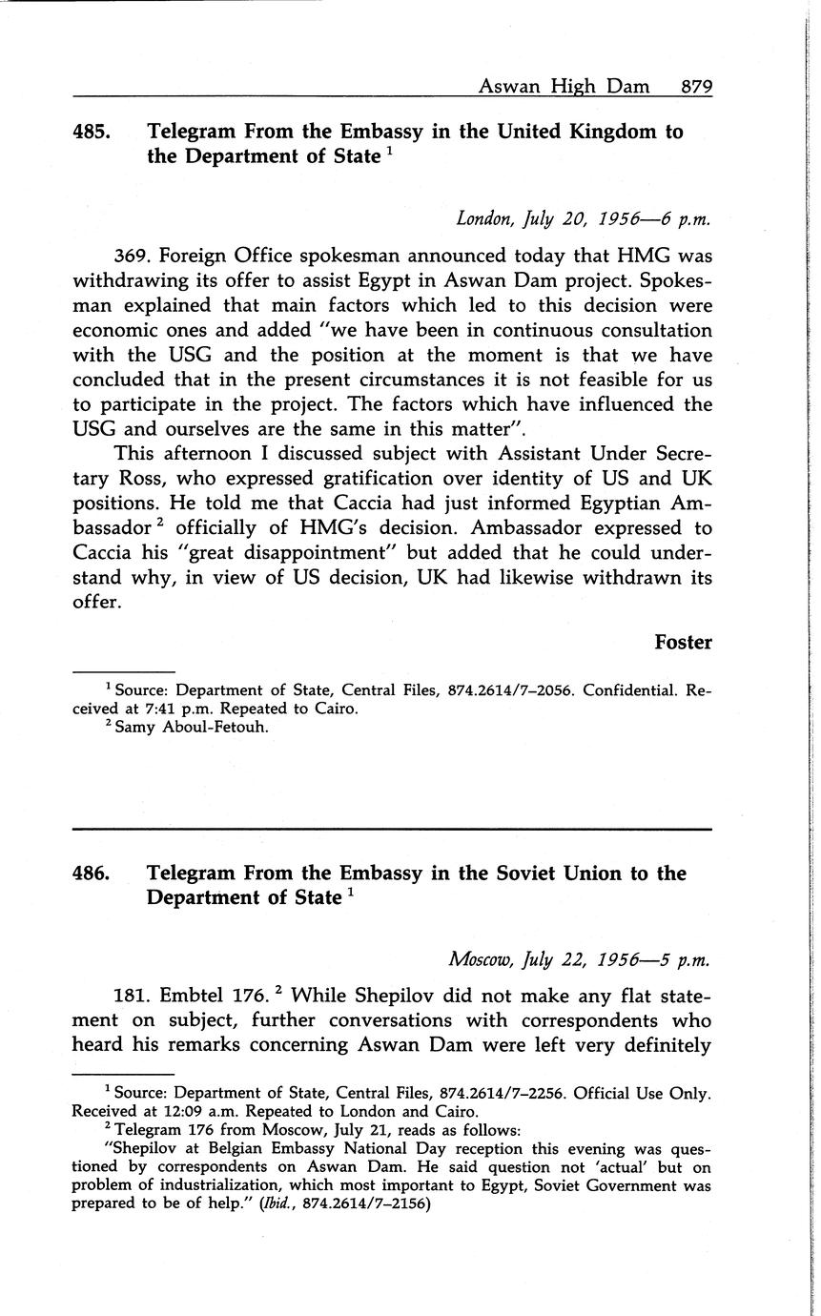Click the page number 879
(696, 87)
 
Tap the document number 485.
(91, 133)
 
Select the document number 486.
(91, 874)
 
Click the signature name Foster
(683, 643)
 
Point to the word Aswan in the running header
(509, 87)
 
